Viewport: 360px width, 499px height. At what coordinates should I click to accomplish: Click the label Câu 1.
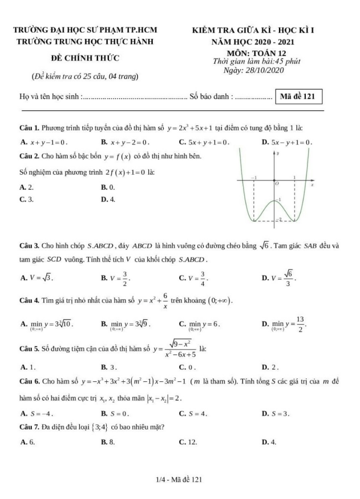(x=29, y=127)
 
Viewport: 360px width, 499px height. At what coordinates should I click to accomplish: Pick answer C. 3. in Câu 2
(x=26, y=199)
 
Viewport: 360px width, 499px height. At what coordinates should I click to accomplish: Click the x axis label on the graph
(x=312, y=185)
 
